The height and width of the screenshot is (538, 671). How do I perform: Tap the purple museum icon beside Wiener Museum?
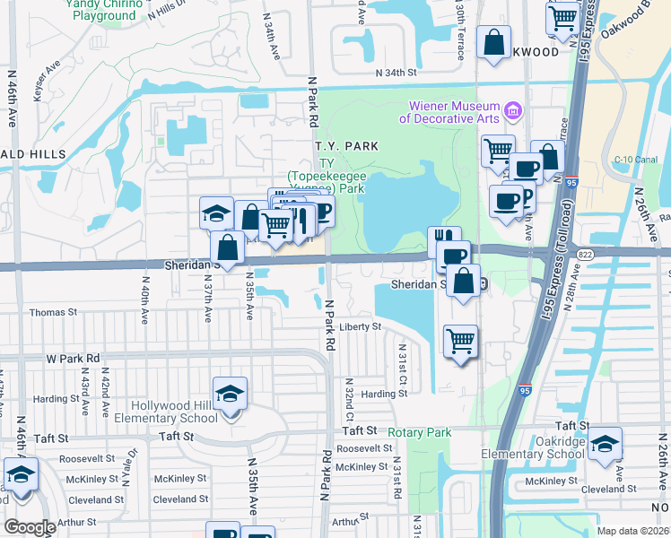(x=513, y=111)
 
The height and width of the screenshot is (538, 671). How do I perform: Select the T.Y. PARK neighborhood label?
(x=345, y=145)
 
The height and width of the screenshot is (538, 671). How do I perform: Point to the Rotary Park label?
(x=420, y=432)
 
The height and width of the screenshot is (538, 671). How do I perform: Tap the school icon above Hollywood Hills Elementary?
(x=230, y=394)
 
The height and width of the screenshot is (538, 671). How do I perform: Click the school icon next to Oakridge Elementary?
(x=606, y=445)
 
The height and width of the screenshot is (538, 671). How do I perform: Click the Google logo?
(x=29, y=527)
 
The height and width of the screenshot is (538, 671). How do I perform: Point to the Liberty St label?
(x=361, y=326)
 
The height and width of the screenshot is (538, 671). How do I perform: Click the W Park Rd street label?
(x=72, y=358)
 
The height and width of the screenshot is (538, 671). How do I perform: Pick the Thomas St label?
(x=54, y=312)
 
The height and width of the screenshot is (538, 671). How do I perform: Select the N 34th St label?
(x=396, y=72)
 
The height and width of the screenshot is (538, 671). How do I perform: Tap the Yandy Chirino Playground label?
(x=103, y=10)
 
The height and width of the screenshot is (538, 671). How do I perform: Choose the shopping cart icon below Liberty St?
(x=461, y=341)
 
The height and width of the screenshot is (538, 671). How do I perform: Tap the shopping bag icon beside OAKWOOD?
(x=494, y=41)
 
